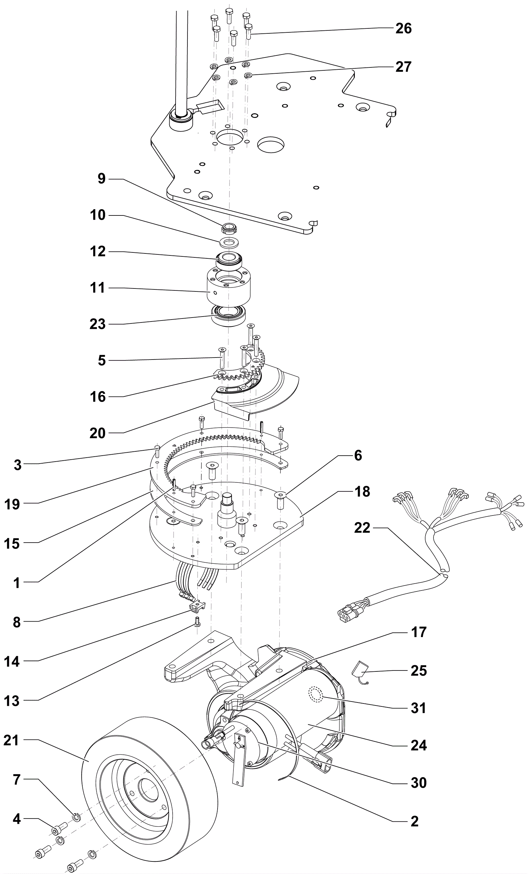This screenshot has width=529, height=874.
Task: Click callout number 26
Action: (403, 29)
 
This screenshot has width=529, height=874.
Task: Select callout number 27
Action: (403, 67)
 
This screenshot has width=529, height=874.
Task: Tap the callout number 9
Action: (102, 178)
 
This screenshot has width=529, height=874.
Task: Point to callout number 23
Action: (98, 324)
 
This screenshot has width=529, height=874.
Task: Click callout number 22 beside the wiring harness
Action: (362, 528)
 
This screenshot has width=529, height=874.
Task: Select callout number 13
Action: (11, 701)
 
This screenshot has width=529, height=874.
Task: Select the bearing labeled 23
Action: (229, 315)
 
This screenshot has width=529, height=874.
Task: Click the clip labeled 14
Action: (197, 607)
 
